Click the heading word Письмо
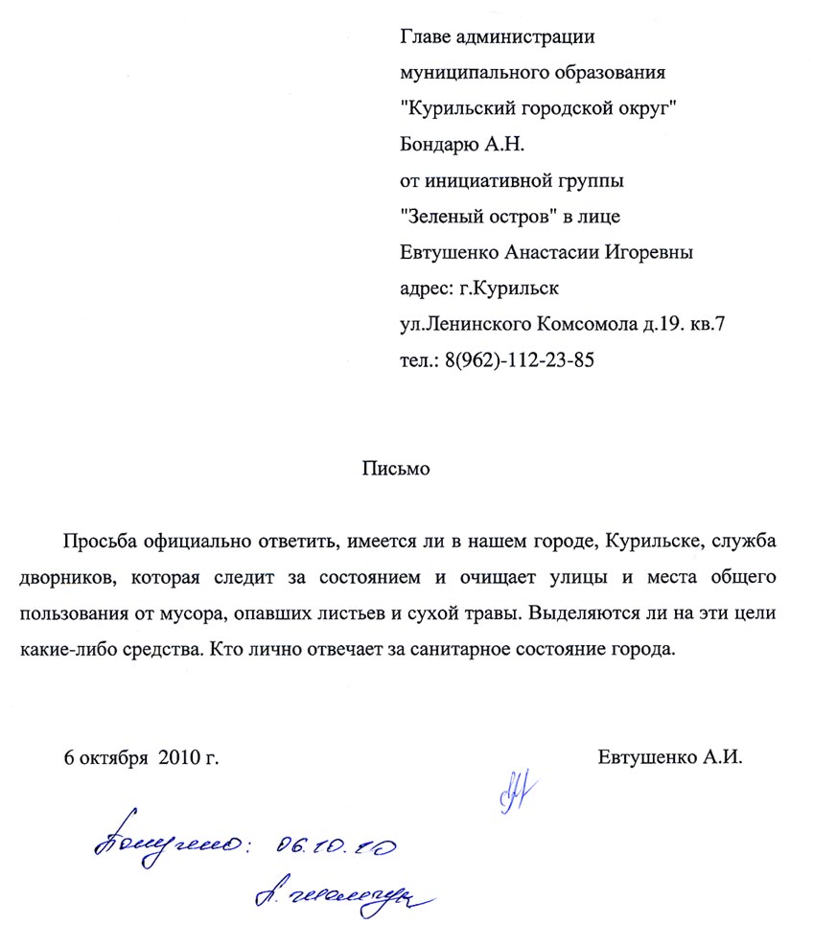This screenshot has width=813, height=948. pyautogui.click(x=398, y=470)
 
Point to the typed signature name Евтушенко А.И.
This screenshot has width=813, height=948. pyautogui.click(x=670, y=757)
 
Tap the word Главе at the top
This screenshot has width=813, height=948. pyautogui.click(x=423, y=37)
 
